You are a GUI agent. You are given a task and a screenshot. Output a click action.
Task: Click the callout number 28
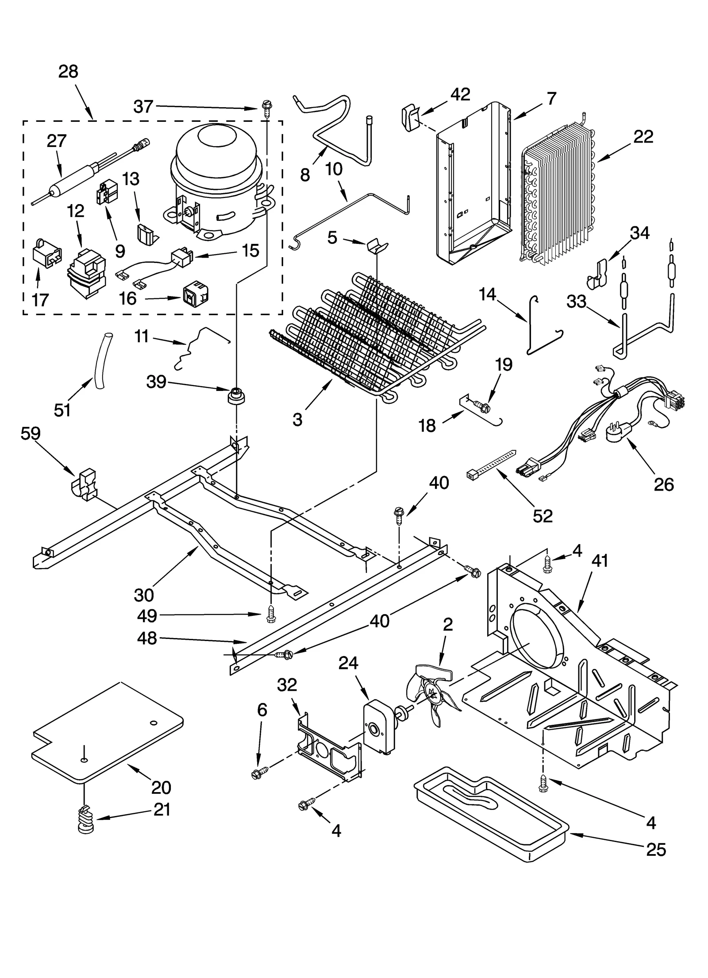68,71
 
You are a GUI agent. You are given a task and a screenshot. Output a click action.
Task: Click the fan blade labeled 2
431,696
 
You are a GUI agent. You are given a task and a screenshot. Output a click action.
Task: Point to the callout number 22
643,137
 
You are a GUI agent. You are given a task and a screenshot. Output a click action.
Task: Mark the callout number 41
600,561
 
